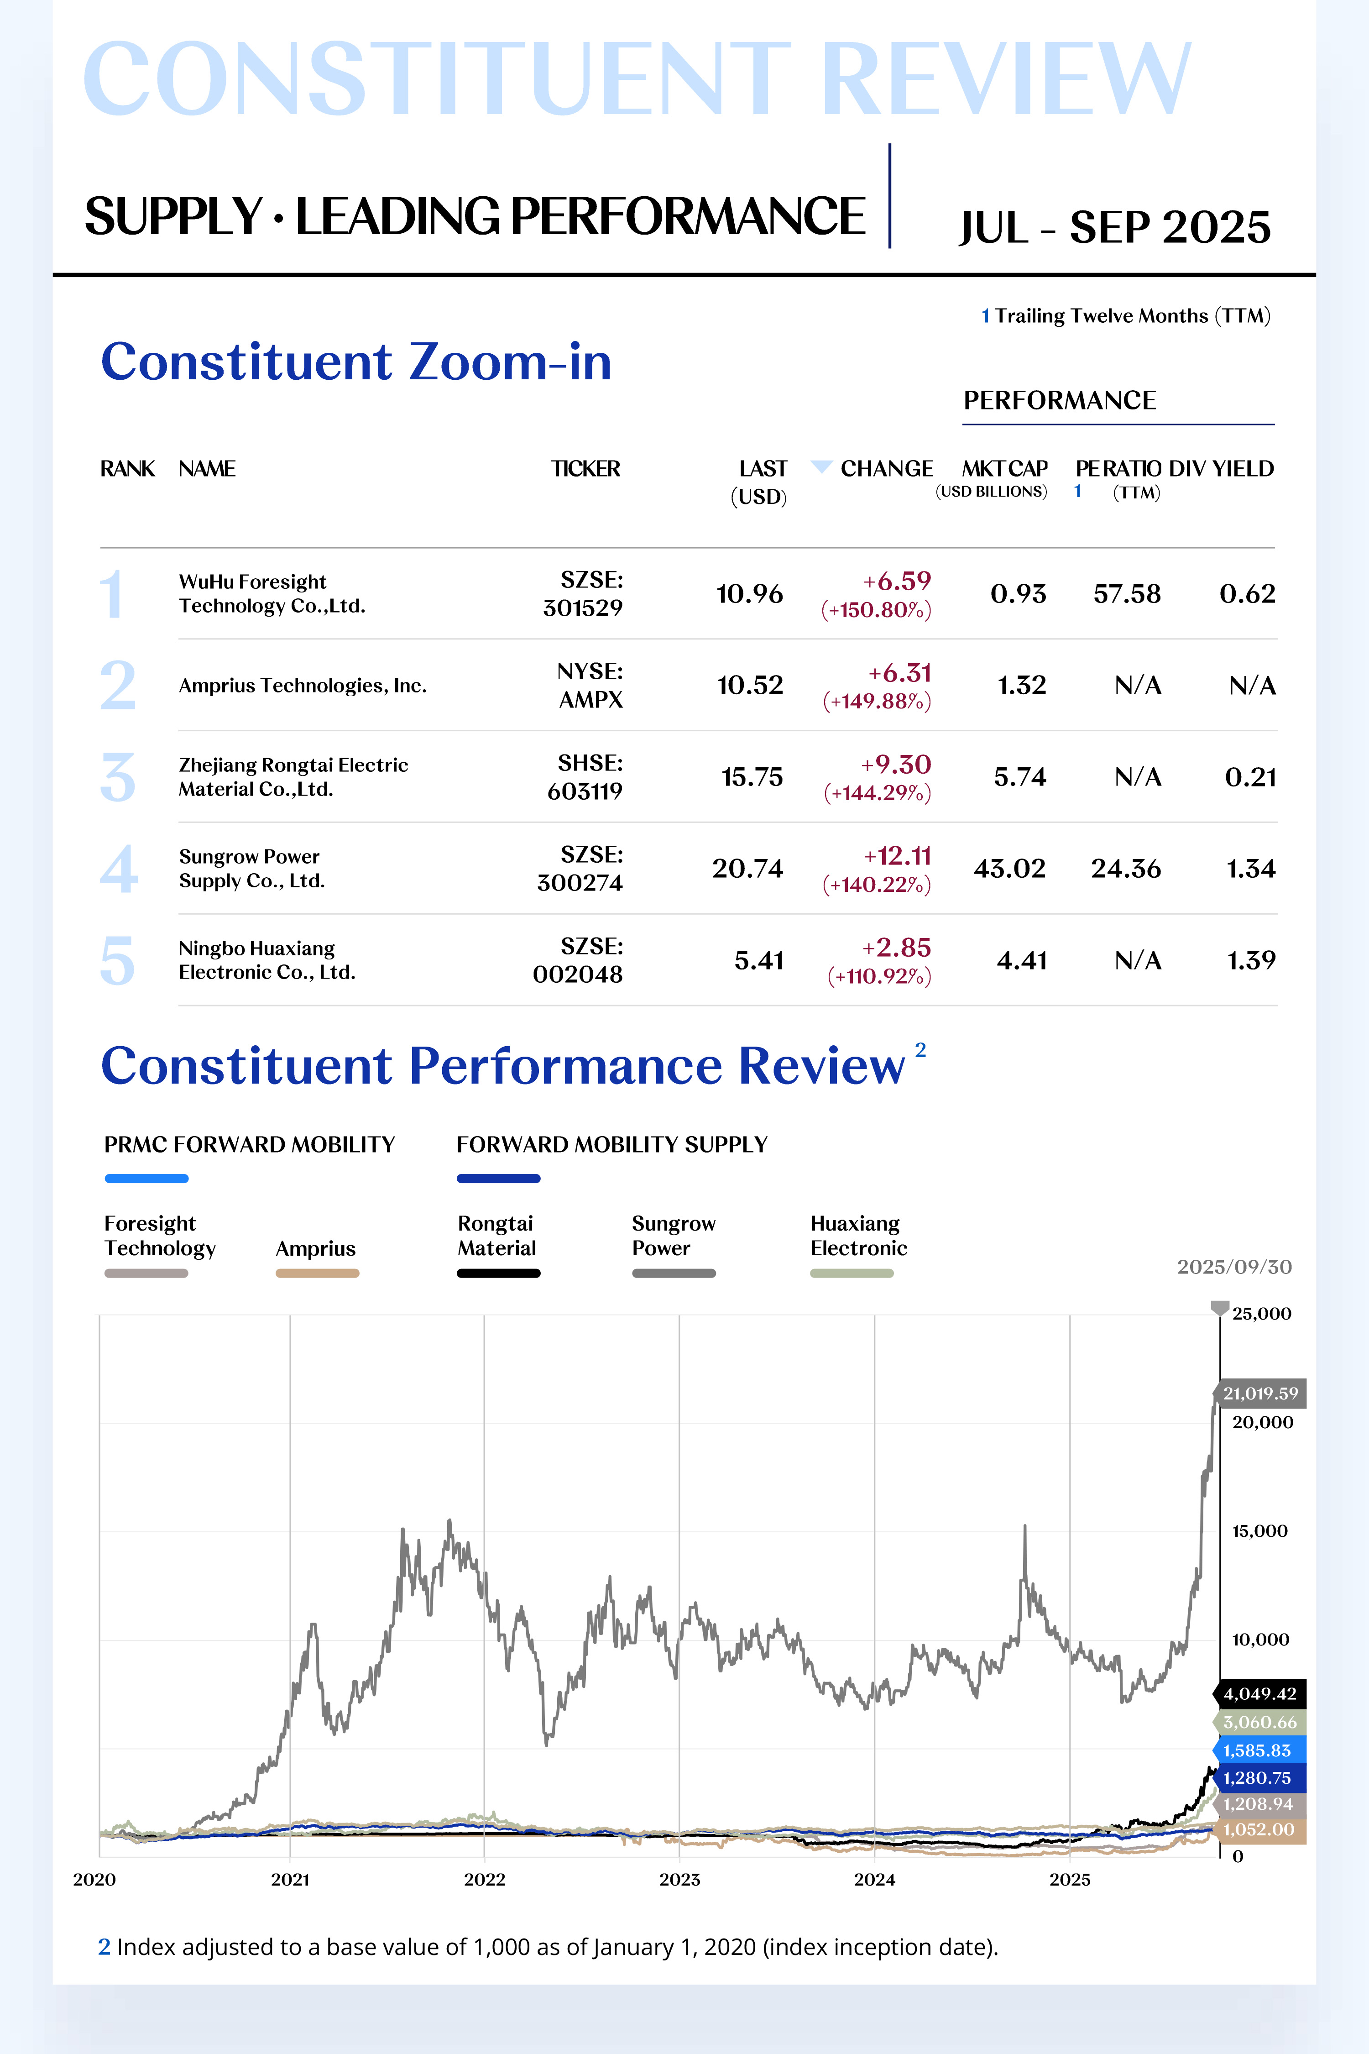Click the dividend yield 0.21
click(1250, 777)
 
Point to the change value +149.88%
click(878, 701)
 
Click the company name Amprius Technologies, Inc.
click(302, 686)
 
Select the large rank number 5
click(118, 961)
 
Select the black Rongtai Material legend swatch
click(498, 1273)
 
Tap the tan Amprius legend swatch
click(317, 1273)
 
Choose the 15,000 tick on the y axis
click(1259, 1531)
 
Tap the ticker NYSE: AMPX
click(590, 686)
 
